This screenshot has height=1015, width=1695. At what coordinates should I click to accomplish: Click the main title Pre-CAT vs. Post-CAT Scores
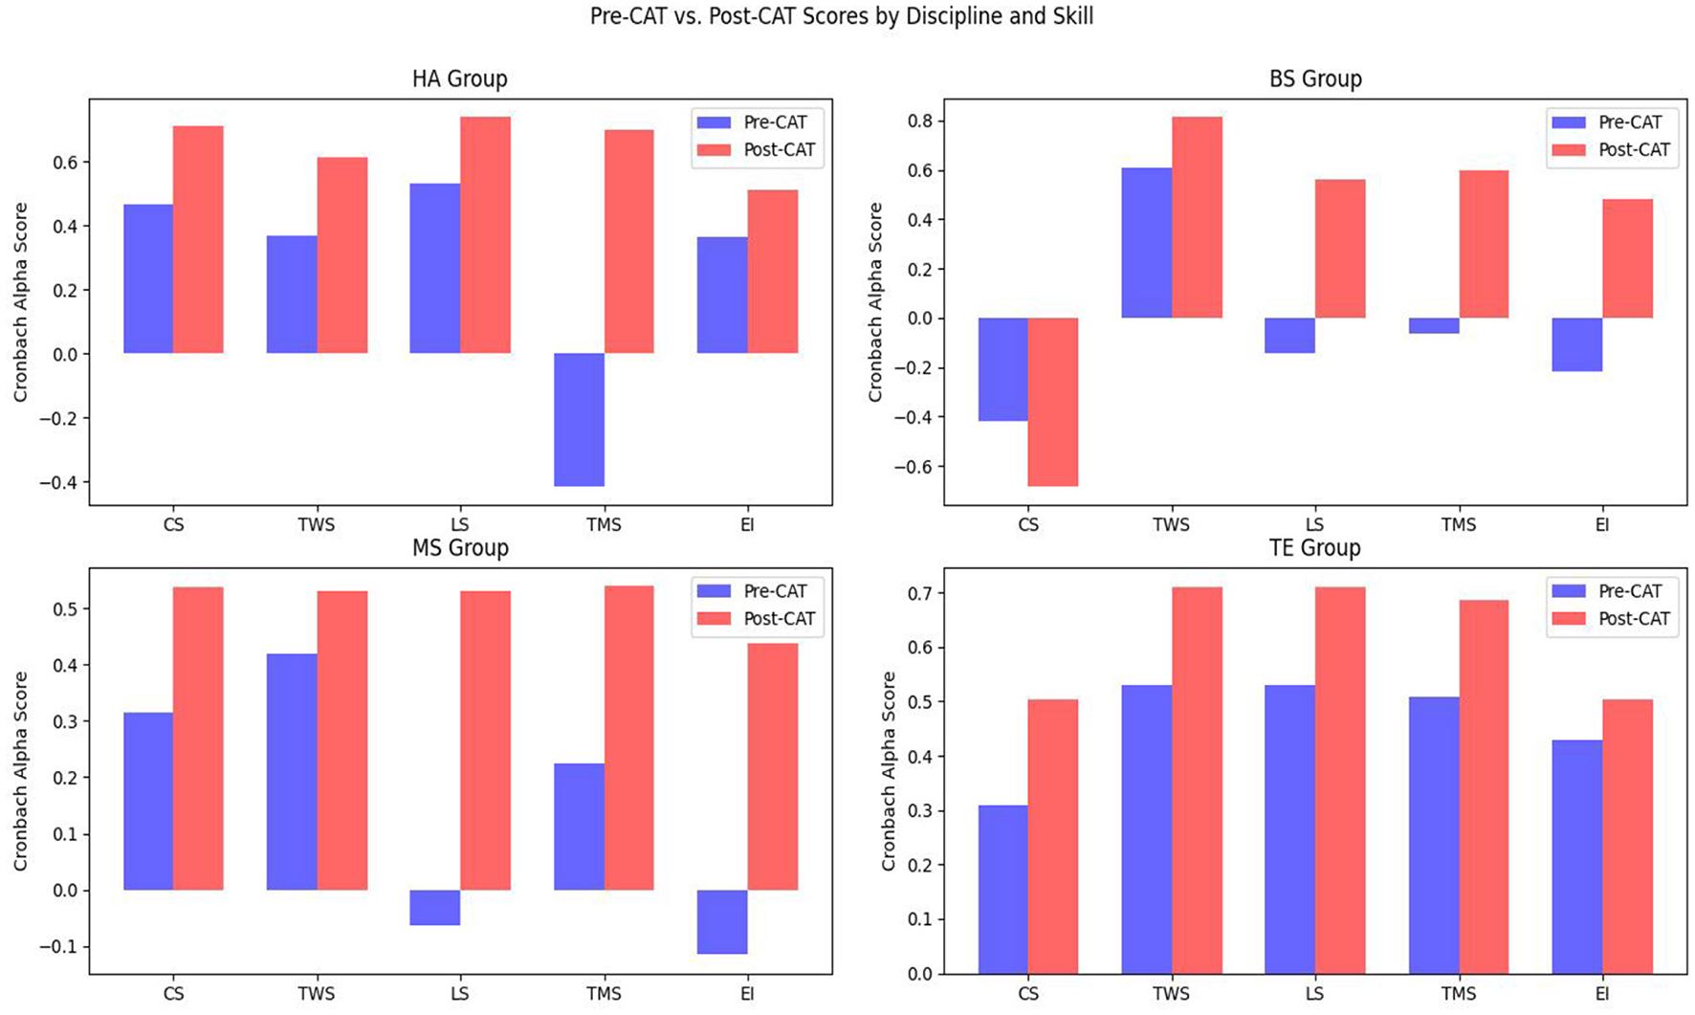tap(841, 16)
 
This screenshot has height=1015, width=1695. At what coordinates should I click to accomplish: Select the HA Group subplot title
tap(459, 79)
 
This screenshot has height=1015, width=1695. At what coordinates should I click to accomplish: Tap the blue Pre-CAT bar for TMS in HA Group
tap(579, 419)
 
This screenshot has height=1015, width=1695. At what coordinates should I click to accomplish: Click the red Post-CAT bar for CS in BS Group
tap(1052, 402)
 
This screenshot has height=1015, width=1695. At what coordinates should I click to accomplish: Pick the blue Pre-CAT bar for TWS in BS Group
tap(1146, 243)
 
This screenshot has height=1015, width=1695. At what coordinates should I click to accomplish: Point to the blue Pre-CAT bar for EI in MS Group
tap(722, 921)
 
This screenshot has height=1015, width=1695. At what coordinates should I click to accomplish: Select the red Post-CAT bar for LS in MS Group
tap(485, 740)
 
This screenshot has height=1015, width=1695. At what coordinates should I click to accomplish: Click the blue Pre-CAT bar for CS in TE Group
tap(1002, 889)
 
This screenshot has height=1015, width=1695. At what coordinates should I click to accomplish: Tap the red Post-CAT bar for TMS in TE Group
tap(1484, 786)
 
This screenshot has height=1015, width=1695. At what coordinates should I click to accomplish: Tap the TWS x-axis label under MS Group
tap(317, 994)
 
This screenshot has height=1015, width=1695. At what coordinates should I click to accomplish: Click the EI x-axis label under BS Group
tap(1601, 525)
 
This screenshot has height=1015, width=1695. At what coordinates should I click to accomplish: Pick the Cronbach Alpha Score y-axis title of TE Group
tap(889, 771)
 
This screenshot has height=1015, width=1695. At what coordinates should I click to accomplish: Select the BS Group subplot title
tap(1314, 79)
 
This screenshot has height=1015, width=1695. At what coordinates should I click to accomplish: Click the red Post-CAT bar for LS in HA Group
tap(485, 234)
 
